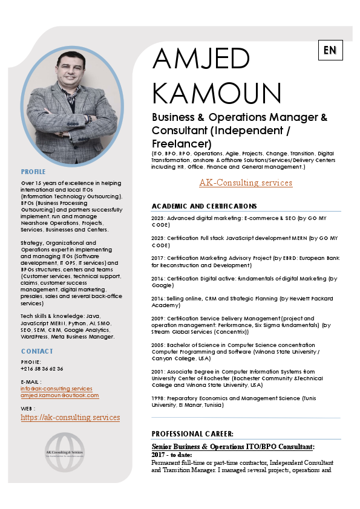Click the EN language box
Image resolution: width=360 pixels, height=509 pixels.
coord(330,50)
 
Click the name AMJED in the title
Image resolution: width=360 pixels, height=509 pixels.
coord(201,59)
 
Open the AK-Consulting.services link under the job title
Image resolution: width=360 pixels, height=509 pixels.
coord(246,183)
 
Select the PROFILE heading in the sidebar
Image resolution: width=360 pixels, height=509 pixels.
coord(33,172)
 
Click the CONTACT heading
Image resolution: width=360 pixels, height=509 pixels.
coord(37,351)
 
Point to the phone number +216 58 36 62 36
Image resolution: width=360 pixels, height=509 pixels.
coord(42,368)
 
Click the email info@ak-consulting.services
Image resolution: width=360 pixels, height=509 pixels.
coord(56,389)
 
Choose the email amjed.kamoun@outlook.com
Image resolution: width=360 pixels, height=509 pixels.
coord(59,395)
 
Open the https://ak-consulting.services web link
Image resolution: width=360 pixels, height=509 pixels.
coord(70,417)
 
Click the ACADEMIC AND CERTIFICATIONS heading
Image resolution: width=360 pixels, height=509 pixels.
coord(204,206)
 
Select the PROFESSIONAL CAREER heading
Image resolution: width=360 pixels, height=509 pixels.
coord(192,433)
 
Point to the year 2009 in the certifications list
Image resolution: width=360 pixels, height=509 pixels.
coord(158,319)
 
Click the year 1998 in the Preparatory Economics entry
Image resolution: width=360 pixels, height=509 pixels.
coord(158,398)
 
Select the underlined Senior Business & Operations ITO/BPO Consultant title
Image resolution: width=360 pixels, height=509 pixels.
coord(233,447)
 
